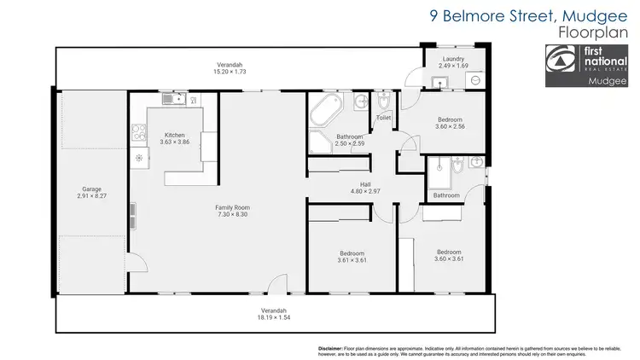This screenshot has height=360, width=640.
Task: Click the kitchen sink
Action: [174, 100]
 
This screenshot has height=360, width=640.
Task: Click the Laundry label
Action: [453, 59]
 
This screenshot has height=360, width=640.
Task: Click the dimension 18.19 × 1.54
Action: [274, 316]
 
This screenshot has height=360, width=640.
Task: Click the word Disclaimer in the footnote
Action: [329, 348]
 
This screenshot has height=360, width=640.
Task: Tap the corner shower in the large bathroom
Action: [321, 142]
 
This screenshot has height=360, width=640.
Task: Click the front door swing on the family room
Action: [275, 287]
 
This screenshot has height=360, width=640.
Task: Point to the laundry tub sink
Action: [441, 82]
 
